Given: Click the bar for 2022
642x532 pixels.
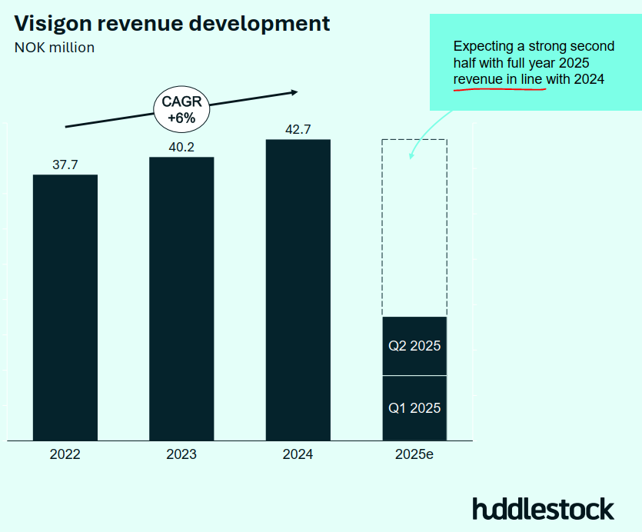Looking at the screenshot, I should pos(65,308).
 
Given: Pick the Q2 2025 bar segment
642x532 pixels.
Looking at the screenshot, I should pos(414,346).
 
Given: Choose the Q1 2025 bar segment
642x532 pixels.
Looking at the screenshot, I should pos(414,408).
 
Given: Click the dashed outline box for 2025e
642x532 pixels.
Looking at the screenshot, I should pos(414,228).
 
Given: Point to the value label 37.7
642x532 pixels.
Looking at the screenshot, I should pos(65,165).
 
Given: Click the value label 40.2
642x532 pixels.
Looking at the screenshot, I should pos(181,147).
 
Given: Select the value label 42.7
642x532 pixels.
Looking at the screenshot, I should pos(298,129).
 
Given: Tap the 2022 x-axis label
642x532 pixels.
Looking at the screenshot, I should pos(65,454).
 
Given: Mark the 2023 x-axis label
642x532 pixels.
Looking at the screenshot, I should pos(181,454).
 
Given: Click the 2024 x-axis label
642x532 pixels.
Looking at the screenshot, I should pos(298,454).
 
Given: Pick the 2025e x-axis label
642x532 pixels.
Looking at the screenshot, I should pos(414,454).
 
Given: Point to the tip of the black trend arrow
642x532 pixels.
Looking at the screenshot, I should pos(298,92).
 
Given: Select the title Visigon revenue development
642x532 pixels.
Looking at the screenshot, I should pos(172,23).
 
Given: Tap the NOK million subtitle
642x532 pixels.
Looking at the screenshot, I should pos(55,48).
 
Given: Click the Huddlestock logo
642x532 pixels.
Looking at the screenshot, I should pos(543,509).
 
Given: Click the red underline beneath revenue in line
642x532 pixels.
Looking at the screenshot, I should pos(499,89).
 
